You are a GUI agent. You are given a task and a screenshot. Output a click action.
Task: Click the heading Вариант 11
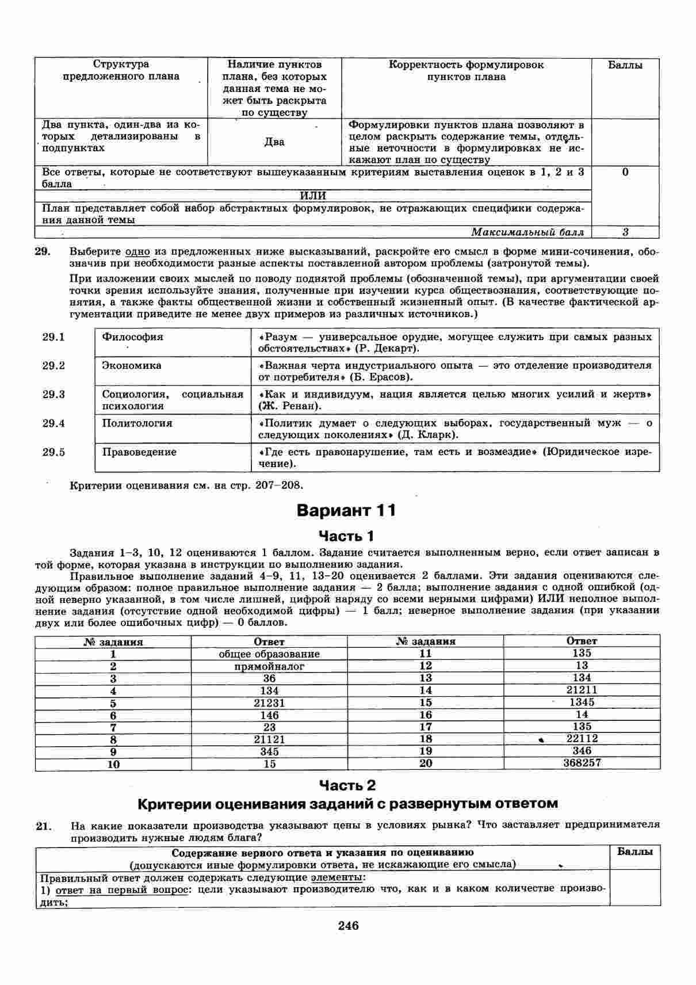coord(346,510)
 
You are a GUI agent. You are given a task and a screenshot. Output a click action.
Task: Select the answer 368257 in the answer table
coord(582,763)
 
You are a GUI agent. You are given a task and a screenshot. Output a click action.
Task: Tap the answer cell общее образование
coord(269,654)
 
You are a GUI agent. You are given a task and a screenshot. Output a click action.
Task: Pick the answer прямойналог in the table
coord(269,666)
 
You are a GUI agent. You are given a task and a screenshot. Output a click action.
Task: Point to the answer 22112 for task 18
coord(582,738)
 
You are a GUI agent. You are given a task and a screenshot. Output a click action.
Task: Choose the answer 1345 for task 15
coord(582,702)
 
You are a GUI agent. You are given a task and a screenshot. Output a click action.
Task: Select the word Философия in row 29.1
coord(132,337)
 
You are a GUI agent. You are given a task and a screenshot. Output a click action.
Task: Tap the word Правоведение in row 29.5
coord(139,452)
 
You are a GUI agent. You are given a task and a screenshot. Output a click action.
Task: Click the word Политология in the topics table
coord(137,423)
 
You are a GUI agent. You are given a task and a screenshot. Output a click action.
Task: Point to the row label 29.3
coord(53,395)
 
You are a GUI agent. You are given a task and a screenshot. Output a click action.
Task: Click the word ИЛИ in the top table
coord(313,196)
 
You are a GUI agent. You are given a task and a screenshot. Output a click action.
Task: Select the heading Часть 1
coord(346,536)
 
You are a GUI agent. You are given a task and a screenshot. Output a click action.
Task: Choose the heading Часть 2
coord(347,785)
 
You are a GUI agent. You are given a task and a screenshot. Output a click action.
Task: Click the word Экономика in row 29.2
coord(132,366)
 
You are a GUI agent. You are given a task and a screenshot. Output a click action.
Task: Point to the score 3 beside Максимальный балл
coord(625,232)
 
